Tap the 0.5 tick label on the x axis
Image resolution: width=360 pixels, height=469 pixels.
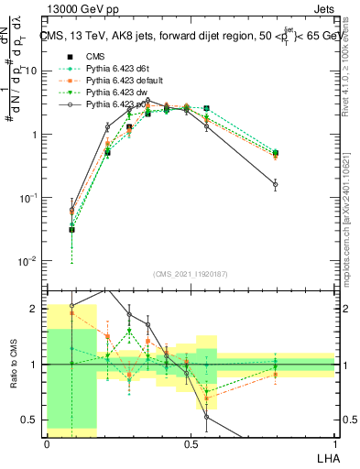coord(190,443)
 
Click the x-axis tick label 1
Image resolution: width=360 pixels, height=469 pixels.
coord(335,443)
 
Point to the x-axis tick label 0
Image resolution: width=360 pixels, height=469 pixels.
coord(47,443)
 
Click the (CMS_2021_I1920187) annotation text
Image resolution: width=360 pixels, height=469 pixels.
coord(191,276)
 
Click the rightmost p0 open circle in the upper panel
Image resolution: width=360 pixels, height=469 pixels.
coord(275,185)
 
